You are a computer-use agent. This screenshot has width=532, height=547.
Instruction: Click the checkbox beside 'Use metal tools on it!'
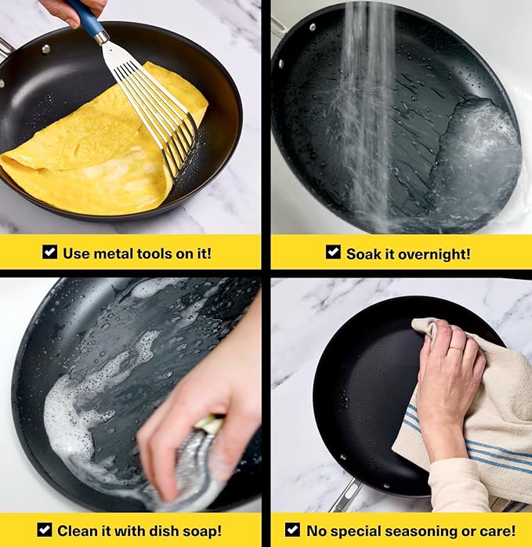tap(49, 252)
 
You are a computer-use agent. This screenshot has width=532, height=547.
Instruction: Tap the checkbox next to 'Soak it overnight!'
tap(333, 252)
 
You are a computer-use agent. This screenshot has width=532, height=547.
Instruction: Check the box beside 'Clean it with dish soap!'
tap(45, 530)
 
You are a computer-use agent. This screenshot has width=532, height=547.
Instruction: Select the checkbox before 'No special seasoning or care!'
tap(292, 530)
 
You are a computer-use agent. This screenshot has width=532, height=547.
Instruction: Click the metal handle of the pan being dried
tap(345, 494)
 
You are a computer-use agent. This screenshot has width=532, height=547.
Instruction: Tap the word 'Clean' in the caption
tap(78, 531)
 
